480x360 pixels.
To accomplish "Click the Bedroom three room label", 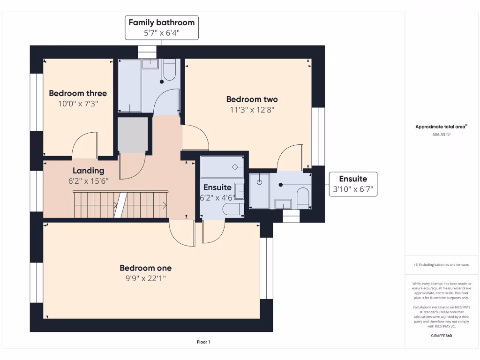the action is tap(78, 93).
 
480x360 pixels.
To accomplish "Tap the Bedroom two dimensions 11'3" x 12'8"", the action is tap(252, 110).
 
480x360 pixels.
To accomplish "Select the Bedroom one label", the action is tap(145, 268).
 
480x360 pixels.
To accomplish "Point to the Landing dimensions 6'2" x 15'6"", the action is tap(88, 181).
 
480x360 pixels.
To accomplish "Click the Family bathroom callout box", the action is tap(162, 28).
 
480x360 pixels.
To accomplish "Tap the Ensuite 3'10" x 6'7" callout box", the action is tap(353, 184).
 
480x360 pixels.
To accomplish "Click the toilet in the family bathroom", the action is tap(169, 70).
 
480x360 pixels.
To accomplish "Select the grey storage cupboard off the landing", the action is tap(133, 135).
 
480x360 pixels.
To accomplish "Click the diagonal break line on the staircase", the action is tap(120, 205).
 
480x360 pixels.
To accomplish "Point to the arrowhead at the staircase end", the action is tap(165, 205).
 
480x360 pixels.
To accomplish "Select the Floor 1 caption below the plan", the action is tap(203, 342).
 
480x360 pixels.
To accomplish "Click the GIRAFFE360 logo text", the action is tap(442, 336).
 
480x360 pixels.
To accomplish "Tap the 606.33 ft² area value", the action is tap(442, 135).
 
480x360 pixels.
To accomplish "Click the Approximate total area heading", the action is tap(441, 127).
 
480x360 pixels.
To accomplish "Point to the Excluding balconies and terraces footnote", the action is tap(442, 265).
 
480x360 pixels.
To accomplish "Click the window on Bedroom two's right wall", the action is tap(318, 136).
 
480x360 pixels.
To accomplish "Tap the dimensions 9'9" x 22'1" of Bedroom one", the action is tap(145, 278).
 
